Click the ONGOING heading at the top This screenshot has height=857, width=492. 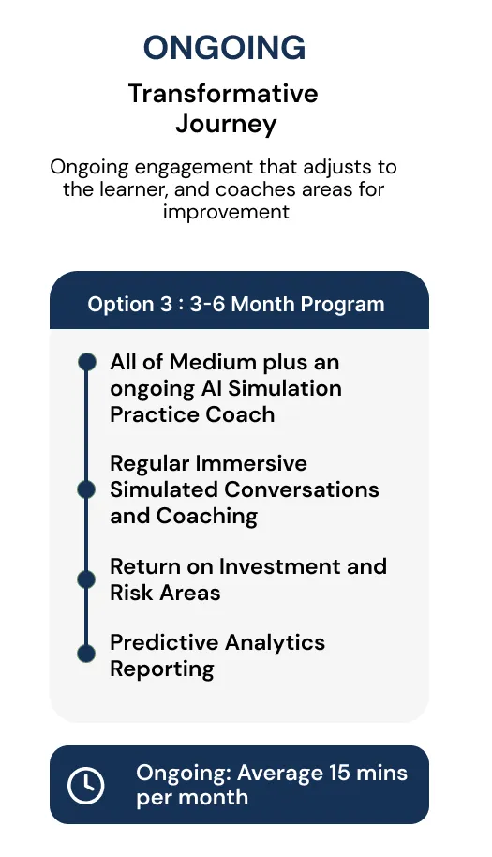tap(224, 48)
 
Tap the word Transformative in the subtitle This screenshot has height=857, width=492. tap(223, 94)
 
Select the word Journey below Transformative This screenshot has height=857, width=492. tap(226, 125)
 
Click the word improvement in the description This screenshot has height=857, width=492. tap(226, 211)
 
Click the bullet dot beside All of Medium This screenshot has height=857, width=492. tap(87, 362)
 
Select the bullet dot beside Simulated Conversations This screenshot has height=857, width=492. tap(86, 489)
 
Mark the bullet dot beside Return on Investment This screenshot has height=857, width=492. tap(86, 579)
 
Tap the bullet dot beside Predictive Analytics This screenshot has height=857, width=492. tap(86, 654)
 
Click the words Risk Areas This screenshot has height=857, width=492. tap(165, 593)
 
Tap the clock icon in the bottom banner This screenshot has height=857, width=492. tap(85, 786)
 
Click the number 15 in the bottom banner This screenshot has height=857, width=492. tap(339, 774)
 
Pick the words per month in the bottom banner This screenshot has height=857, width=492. tap(192, 798)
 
